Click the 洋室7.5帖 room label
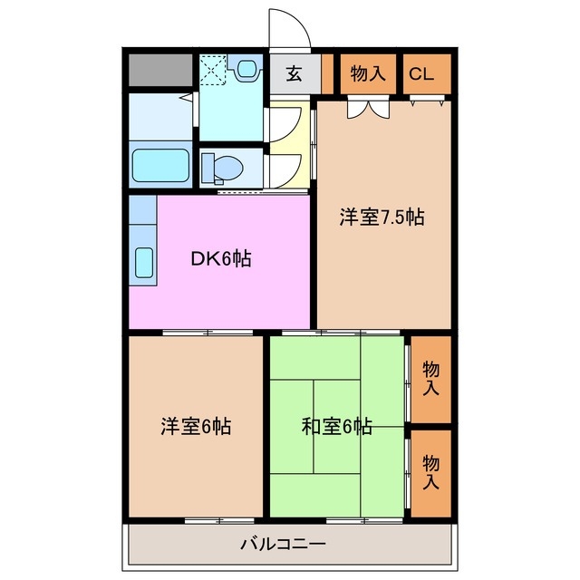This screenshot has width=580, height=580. pos(382,217)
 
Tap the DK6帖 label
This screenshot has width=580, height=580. pos(220,258)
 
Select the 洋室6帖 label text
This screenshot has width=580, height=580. pos(197,425)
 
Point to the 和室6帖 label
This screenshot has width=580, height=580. pos(336,425)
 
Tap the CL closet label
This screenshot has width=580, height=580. pos(421,74)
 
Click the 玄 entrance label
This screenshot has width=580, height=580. pos(295,74)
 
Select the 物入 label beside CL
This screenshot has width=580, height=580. pos(369,74)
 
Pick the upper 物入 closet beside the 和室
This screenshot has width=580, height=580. pos(431,379)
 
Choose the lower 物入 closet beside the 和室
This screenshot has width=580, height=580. pos(431,471)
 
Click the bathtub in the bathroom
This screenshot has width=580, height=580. pos(160,166)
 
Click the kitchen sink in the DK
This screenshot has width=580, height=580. pos(144,263)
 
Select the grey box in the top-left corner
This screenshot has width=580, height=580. pos(160,70)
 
